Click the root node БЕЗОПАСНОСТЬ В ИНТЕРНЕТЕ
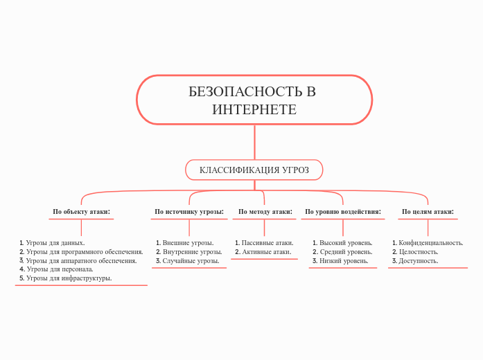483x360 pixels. [254, 100]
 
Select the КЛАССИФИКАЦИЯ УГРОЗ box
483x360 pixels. [254, 170]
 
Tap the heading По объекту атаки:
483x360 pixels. [81, 212]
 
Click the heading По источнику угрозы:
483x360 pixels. [188, 212]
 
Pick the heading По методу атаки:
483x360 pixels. [265, 212]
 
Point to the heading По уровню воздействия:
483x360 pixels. [343, 212]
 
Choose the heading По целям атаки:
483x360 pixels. [428, 212]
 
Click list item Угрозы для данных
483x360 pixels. [55, 243]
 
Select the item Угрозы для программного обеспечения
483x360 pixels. [84, 252]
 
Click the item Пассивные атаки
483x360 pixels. [267, 243]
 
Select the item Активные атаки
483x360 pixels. [266, 252]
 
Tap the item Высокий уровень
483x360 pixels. [346, 243]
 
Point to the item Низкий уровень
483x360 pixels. [344, 261]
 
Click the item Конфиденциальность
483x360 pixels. [430, 243]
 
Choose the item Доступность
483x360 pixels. [418, 261]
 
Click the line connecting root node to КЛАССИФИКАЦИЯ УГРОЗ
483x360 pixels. [254, 142]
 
